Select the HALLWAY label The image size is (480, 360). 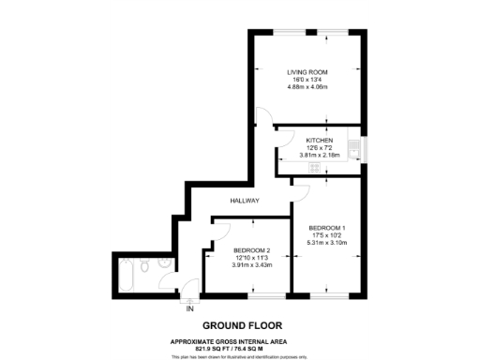(246, 202)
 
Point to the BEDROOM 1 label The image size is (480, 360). (329, 228)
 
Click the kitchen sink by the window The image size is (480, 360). (353, 148)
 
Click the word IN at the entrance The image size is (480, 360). (189, 308)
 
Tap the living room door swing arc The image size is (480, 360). (265, 120)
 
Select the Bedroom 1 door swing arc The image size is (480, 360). (302, 192)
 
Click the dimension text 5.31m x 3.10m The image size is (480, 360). (329, 244)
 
